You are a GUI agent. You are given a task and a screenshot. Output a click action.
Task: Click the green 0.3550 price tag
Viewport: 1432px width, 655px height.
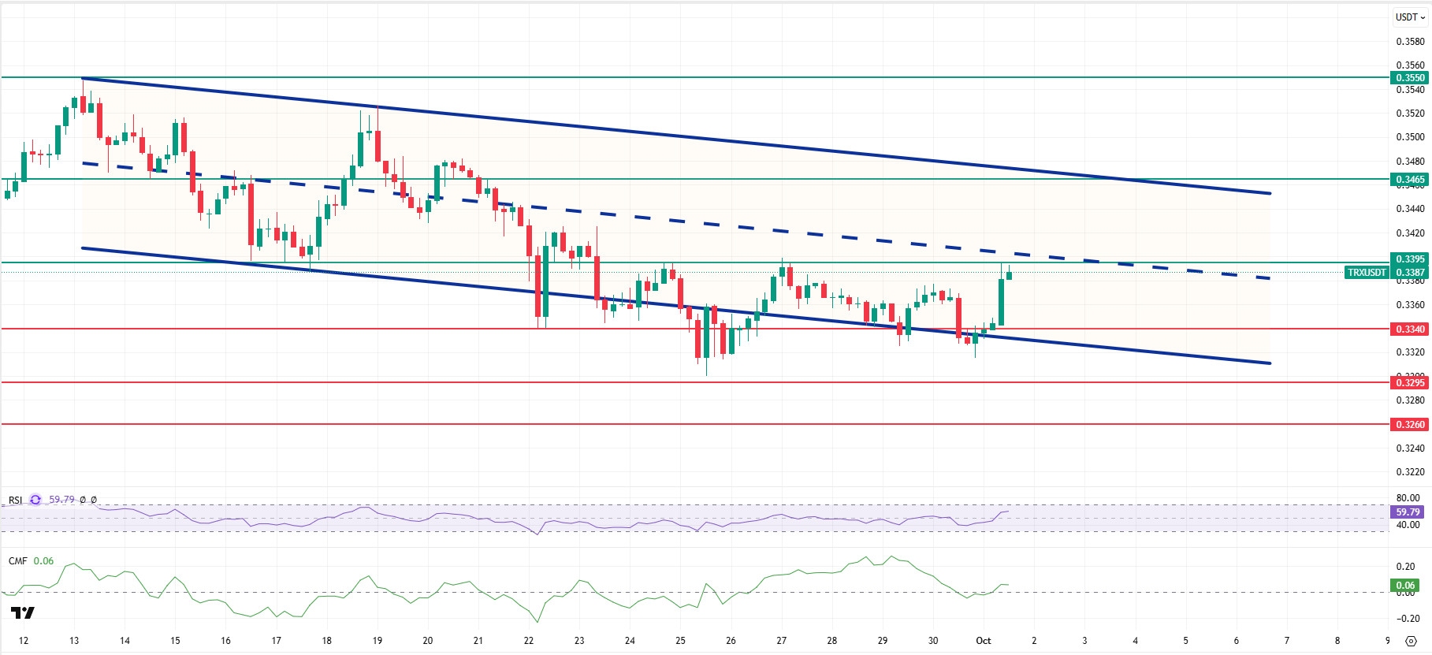coord(1410,78)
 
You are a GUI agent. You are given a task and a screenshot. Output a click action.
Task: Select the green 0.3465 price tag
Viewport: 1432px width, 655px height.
coord(1410,180)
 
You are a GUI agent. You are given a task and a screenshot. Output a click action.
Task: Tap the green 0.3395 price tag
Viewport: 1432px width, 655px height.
coord(1410,259)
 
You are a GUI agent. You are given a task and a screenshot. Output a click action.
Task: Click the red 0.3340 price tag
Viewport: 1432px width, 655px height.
coord(1410,329)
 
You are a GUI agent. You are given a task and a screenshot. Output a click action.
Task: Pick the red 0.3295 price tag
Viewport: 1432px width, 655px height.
coord(1410,383)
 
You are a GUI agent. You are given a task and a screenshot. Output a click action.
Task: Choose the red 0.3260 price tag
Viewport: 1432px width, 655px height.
coord(1410,425)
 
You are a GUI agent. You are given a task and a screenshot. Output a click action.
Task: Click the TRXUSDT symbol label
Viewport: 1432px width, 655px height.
coord(1367,273)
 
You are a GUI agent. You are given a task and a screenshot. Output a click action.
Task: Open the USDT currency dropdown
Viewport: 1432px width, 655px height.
coord(1410,17)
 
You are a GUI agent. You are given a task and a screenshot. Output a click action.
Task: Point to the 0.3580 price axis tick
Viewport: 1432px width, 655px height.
coord(1410,42)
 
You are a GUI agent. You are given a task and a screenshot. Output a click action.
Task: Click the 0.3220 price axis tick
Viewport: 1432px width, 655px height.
coord(1410,472)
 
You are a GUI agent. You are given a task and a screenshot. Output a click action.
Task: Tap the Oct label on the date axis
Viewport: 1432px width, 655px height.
coord(983,641)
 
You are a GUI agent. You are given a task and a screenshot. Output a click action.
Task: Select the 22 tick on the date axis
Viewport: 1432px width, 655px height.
coord(528,641)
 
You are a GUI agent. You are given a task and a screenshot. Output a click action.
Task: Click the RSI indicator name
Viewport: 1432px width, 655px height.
coord(15,501)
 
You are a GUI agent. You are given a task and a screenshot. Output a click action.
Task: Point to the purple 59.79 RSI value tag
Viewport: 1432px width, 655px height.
coord(1408,512)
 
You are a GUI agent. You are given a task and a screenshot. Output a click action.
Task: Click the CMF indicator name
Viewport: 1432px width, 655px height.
coord(17,561)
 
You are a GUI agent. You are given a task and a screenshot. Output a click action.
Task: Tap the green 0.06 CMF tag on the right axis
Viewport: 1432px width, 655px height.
coord(1406,586)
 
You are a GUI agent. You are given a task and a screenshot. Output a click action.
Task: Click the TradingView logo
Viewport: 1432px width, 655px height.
coord(23,613)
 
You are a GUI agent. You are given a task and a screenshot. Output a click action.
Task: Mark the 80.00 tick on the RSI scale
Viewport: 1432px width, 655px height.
coord(1408,498)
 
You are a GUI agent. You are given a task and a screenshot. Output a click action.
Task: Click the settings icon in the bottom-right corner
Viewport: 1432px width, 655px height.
coord(1411,641)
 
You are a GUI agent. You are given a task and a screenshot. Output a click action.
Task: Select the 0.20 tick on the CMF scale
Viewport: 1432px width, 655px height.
coord(1405,567)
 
